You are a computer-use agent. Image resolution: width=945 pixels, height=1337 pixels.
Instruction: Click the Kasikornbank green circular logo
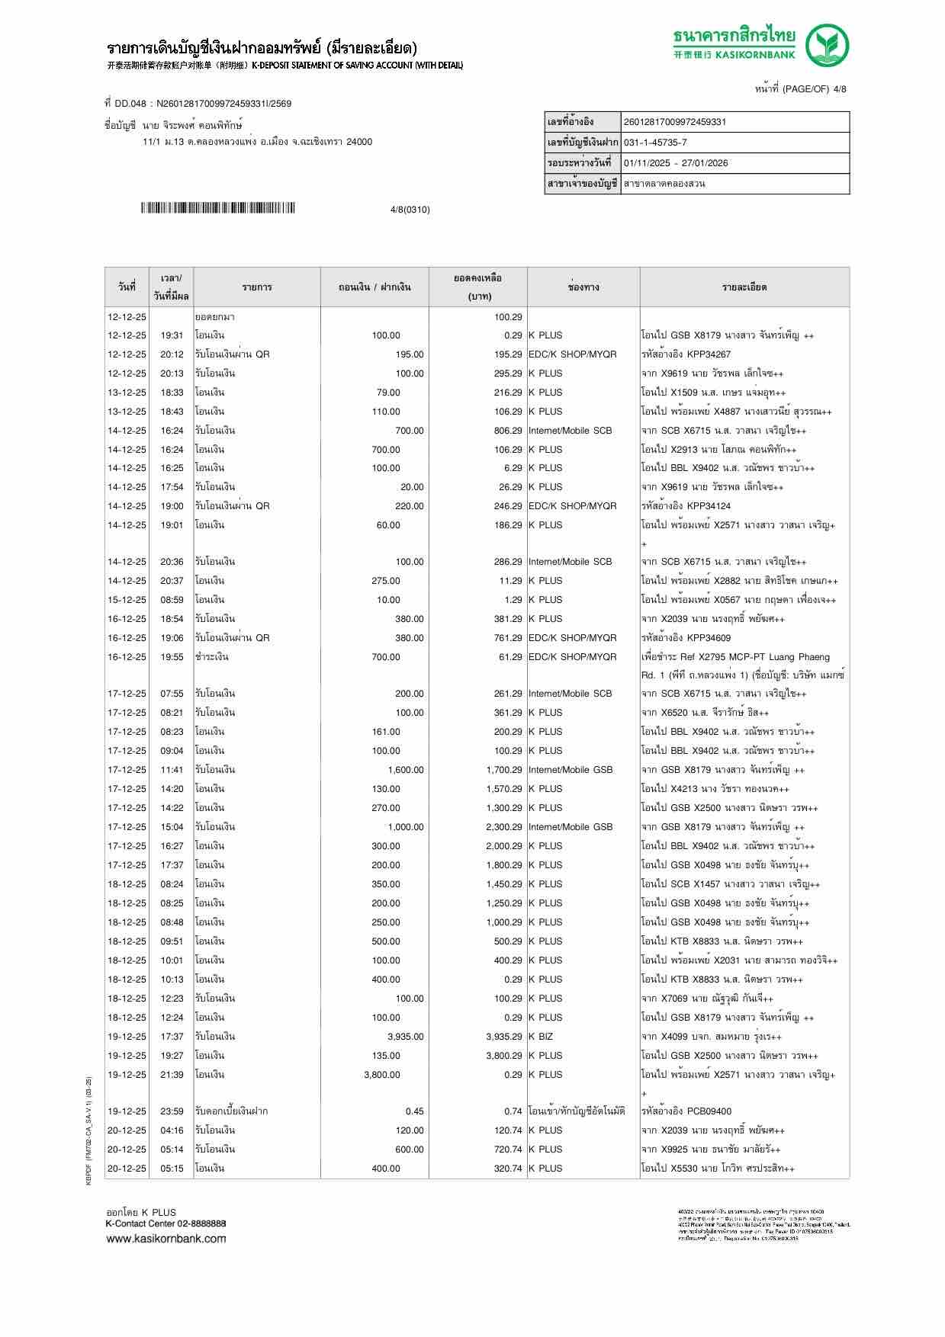pos(828,44)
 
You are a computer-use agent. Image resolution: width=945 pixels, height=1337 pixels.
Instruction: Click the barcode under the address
pos(217,208)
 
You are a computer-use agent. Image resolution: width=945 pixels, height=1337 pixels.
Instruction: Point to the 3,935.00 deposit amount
pos(405,1037)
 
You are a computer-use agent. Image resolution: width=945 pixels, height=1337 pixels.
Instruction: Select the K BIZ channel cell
pos(541,1037)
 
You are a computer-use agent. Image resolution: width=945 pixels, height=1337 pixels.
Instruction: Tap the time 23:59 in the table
pos(172,1111)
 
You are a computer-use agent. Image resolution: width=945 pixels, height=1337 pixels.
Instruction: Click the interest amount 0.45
pos(414,1111)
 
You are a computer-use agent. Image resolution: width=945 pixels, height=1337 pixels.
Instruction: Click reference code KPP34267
pos(709,354)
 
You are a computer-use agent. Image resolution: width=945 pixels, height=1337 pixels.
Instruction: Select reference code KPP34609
pos(709,638)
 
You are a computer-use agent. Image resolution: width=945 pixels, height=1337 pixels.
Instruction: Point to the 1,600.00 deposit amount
pos(405,770)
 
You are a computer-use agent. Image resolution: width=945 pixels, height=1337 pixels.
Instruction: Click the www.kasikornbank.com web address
pos(166,1239)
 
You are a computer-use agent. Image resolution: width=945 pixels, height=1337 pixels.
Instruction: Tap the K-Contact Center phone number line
pos(166,1223)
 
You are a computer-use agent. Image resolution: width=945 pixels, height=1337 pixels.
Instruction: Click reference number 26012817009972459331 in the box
pos(675,122)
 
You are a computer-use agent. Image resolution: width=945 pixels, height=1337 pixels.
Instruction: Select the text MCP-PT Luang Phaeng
pos(770,657)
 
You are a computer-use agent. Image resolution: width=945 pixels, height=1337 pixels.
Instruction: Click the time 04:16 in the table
pos(172,1130)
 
